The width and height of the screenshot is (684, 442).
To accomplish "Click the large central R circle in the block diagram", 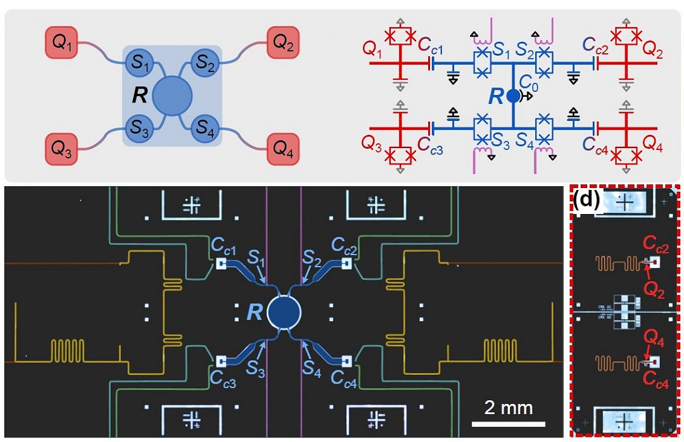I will tap(172, 95).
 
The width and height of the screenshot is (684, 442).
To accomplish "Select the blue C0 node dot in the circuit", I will tap(512, 96).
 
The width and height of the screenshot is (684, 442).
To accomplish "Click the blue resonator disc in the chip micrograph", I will tap(284, 312).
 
